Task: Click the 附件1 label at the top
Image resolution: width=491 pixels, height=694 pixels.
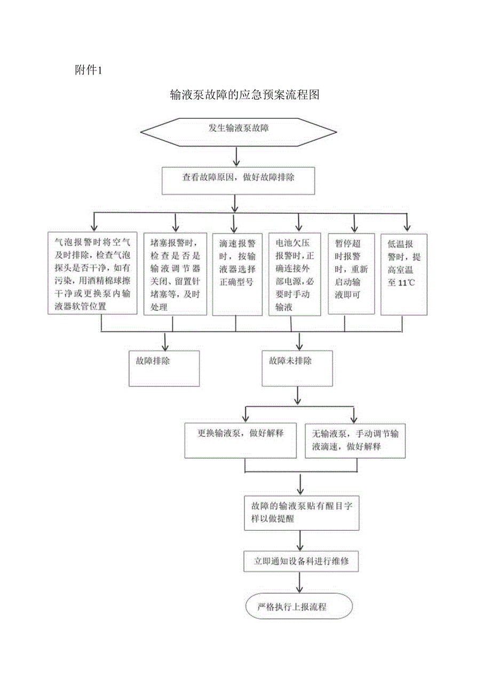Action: (x=88, y=70)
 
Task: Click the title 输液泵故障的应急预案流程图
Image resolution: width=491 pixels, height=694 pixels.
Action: (x=245, y=95)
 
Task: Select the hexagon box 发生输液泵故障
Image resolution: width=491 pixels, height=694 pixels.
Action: (x=238, y=130)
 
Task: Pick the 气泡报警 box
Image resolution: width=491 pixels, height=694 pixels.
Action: (x=93, y=272)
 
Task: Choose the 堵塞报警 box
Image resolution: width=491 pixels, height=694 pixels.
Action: (x=175, y=273)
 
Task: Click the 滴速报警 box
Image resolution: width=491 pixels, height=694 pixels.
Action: (x=234, y=273)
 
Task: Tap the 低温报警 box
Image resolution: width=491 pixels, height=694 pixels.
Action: (x=404, y=273)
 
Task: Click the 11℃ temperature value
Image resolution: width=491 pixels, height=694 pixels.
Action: (x=407, y=283)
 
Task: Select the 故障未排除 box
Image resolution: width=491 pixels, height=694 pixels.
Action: (x=297, y=368)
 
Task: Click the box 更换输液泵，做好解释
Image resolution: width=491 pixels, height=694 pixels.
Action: (x=240, y=440)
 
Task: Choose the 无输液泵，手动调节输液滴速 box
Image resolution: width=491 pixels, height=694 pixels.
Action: (x=355, y=440)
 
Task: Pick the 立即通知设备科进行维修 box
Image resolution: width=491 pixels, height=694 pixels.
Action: (x=302, y=562)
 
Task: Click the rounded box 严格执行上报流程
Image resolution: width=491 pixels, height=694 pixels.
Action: (x=299, y=607)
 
